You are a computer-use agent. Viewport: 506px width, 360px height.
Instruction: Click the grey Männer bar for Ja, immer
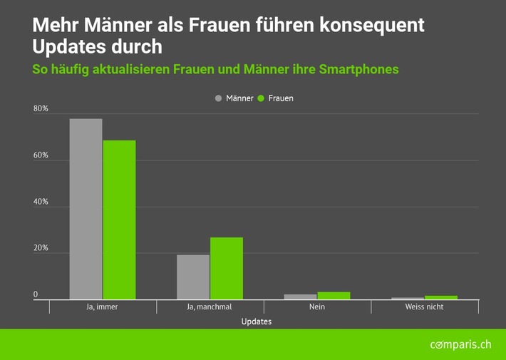[86, 209]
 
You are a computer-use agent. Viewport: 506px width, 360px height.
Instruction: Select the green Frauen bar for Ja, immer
[119, 220]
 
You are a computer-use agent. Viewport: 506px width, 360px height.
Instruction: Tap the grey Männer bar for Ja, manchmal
[193, 277]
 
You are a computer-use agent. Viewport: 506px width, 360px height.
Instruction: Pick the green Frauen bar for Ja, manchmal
[227, 268]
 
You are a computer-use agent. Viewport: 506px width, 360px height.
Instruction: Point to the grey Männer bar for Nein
[300, 297]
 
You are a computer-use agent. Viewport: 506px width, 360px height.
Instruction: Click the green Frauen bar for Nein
[334, 295]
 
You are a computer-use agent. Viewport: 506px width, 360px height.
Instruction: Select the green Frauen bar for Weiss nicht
[441, 297]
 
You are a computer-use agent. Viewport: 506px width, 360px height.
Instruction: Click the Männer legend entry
[234, 98]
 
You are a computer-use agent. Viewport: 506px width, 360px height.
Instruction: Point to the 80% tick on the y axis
[41, 109]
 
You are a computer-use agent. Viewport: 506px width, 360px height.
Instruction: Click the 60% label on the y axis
[41, 155]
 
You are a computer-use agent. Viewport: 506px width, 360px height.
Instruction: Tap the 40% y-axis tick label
[41, 202]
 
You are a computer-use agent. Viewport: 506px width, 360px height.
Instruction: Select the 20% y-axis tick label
[41, 249]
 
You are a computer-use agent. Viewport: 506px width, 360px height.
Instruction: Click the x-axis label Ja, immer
[103, 307]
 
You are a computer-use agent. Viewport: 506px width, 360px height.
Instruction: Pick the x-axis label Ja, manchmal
[210, 307]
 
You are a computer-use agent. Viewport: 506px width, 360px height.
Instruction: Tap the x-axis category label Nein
[317, 307]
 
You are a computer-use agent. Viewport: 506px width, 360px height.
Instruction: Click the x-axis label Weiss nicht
[424, 307]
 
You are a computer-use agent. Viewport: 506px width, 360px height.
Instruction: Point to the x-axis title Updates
[256, 322]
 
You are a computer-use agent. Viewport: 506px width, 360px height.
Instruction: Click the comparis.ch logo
[460, 345]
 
